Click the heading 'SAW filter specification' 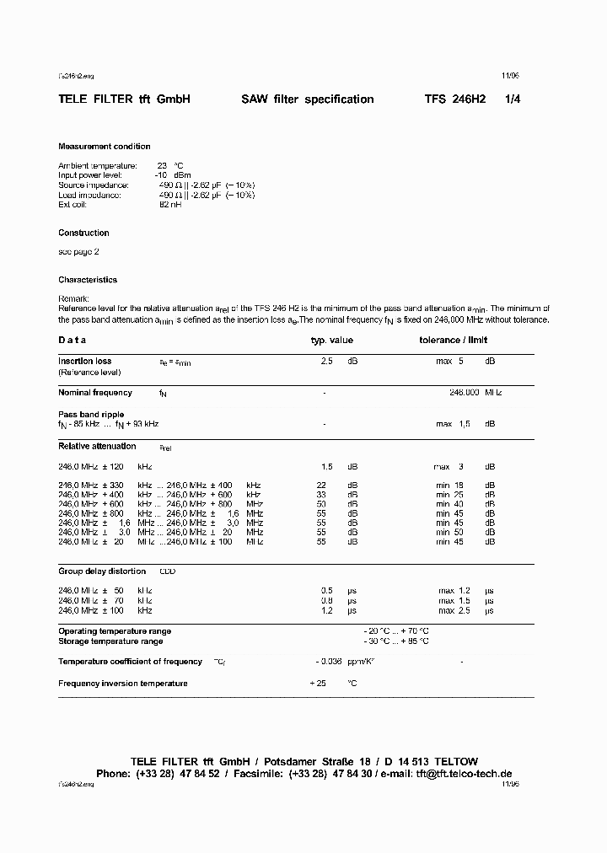308,99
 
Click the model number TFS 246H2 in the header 455,99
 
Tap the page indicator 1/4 513,99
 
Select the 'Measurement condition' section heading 105,147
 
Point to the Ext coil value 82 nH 169,205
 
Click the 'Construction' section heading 83,233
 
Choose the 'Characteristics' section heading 88,280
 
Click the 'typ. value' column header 332,341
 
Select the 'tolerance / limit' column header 453,341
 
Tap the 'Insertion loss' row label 84,361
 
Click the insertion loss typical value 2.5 327,361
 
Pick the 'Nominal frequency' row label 95,393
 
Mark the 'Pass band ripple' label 91,415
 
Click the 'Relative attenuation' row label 97,446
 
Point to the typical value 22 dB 321,486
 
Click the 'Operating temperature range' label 115,631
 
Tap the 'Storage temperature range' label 110,641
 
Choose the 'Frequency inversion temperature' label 123,684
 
